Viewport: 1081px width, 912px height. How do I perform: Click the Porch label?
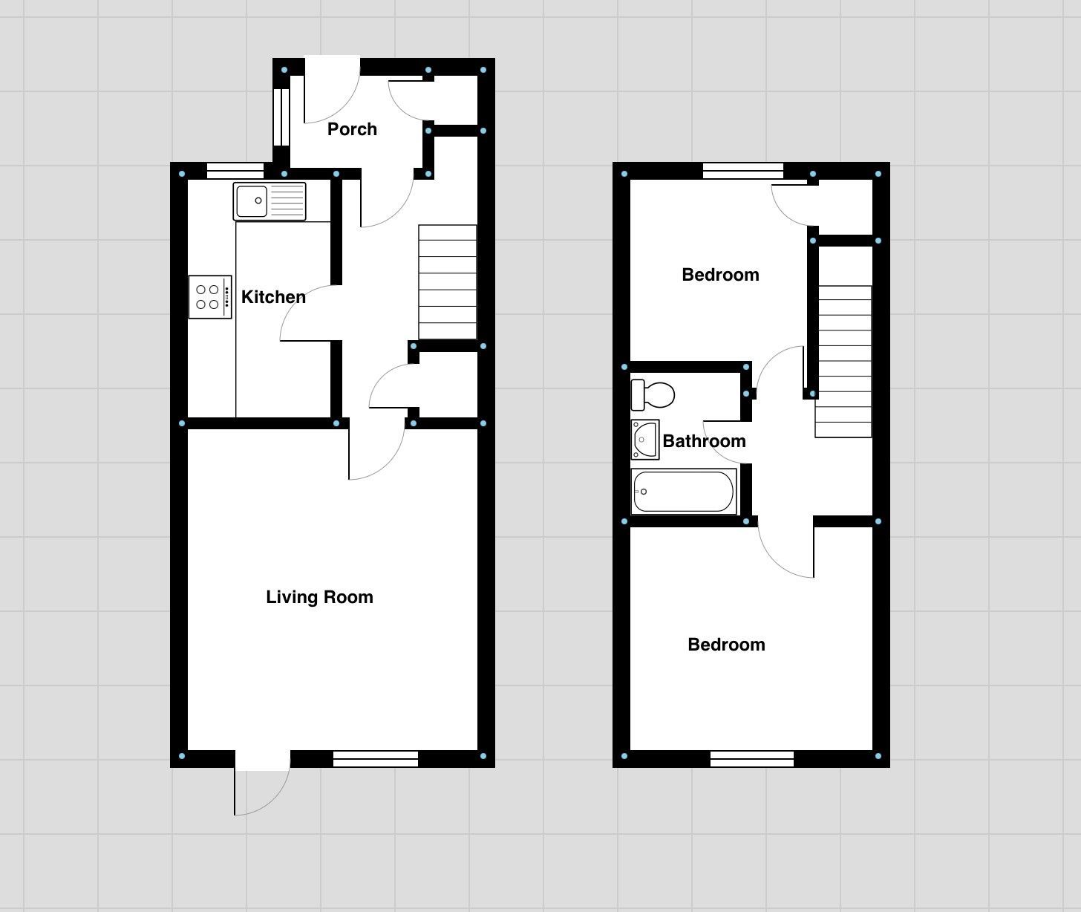(x=352, y=129)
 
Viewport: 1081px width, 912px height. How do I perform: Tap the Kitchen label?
(x=273, y=297)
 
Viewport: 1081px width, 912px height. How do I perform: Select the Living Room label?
(x=319, y=597)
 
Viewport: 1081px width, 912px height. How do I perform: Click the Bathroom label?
(x=704, y=441)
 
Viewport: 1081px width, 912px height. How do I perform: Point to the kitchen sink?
(x=270, y=201)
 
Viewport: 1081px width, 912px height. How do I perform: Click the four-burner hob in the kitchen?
(x=209, y=297)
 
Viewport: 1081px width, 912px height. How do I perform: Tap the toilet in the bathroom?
(x=653, y=395)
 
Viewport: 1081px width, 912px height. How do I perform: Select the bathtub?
(x=683, y=492)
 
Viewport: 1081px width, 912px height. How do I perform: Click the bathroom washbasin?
(x=644, y=440)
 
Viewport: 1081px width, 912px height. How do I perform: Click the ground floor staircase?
(x=447, y=281)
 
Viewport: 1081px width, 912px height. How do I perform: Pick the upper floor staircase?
(x=843, y=362)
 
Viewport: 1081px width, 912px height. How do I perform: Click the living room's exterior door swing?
(x=261, y=792)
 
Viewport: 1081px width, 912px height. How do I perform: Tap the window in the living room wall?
(x=376, y=759)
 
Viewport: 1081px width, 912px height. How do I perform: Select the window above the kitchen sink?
(x=235, y=171)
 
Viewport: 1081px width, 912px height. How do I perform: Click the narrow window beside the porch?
(x=281, y=117)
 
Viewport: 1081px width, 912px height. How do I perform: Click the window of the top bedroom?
(x=743, y=171)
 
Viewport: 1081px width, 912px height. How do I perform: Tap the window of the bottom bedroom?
(x=752, y=759)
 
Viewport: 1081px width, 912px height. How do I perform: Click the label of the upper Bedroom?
(x=721, y=275)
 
